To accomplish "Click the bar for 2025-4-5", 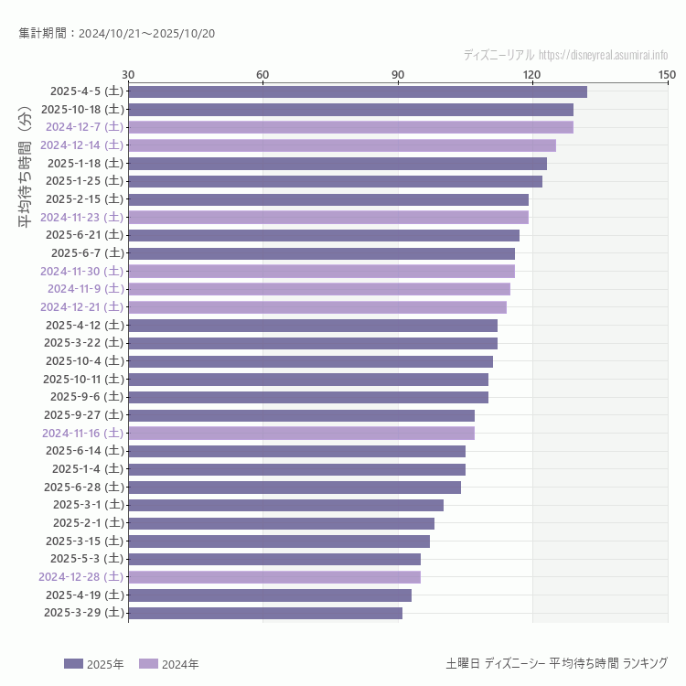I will point(357,91).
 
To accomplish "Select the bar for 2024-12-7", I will point(350,127).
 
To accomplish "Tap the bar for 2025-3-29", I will point(265,613).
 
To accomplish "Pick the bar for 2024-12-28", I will point(274,577).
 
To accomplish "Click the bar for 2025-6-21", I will point(324,235).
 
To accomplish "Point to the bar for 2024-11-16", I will point(301,433).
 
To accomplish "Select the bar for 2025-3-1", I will point(285,505).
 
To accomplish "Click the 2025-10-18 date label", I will point(82,109).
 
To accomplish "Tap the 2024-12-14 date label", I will point(81,145).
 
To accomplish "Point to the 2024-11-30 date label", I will point(81,272).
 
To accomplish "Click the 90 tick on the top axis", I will point(398,74).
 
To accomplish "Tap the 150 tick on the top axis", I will point(667,74).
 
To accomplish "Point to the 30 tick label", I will point(128,74).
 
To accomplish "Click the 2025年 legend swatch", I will point(73,664).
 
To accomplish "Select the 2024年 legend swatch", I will point(148,664).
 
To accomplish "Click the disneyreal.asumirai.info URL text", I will point(603,55).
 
